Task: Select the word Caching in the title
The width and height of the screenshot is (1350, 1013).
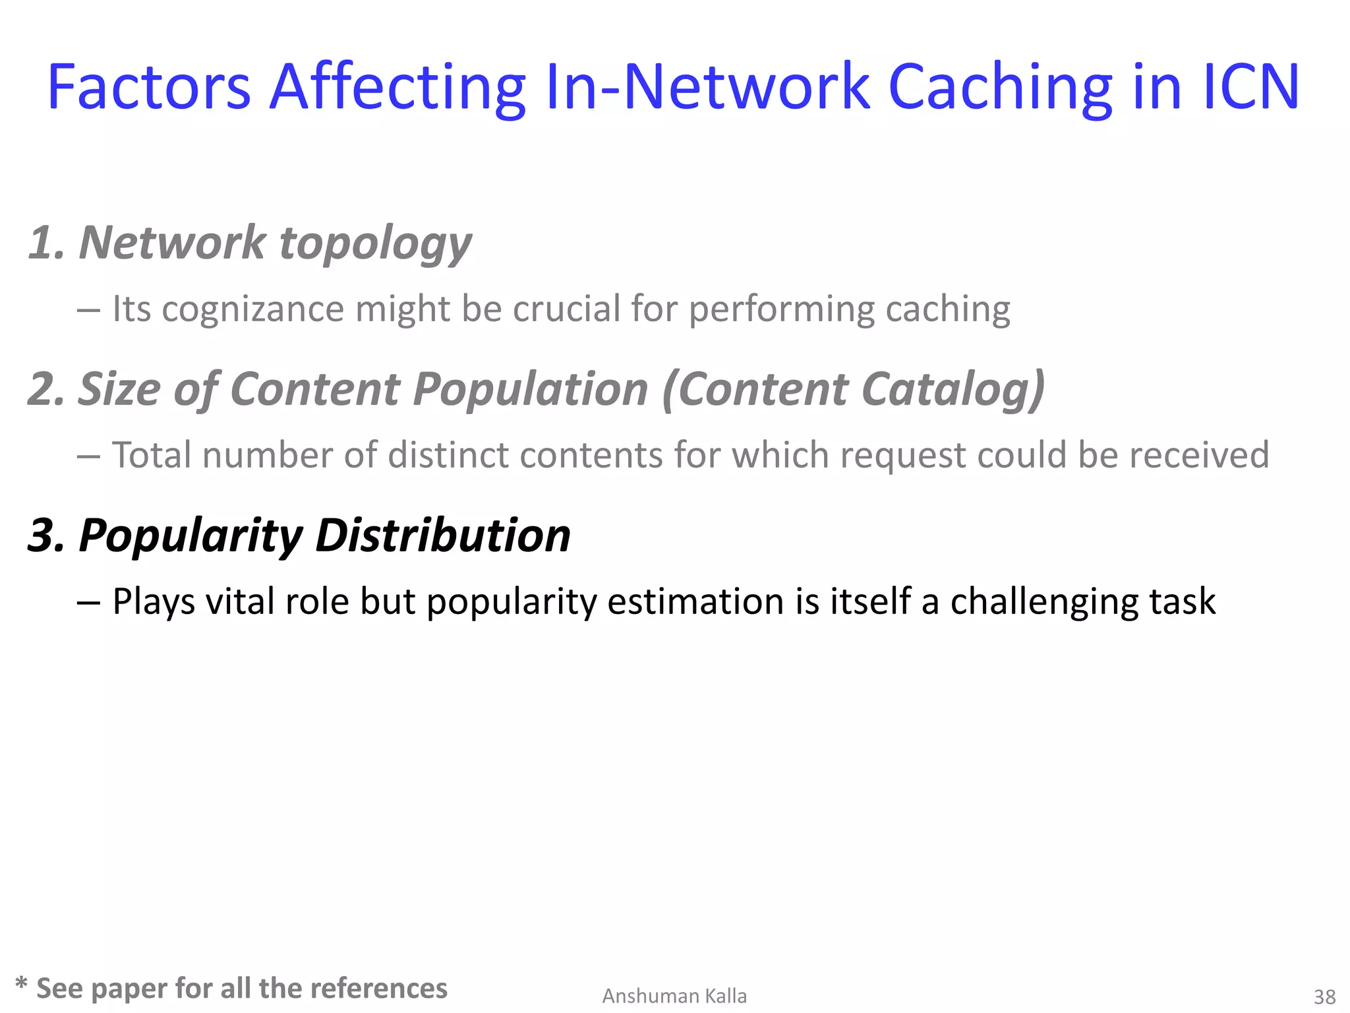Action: pos(1000,88)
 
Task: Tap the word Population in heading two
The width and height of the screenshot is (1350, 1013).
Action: pos(531,390)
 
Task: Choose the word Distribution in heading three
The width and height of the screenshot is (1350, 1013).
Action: pos(443,535)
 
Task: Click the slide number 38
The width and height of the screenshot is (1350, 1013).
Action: pos(1324,996)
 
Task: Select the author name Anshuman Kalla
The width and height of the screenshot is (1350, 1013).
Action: pos(674,996)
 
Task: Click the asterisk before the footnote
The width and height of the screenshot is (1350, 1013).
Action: pos(21,985)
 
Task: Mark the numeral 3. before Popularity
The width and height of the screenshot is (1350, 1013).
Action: pos(46,535)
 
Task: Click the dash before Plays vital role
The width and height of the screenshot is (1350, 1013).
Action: pos(88,603)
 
